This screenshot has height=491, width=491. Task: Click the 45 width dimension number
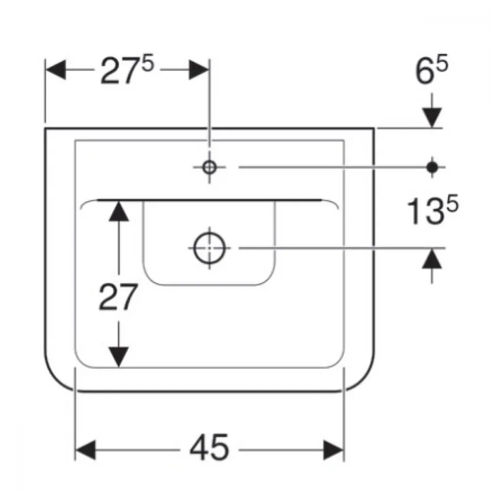point(209,447)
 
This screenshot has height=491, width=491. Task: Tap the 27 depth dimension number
point(118,297)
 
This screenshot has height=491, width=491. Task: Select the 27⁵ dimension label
point(127,71)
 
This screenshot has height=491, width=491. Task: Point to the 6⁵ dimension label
point(432,70)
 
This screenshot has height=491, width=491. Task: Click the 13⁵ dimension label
point(433,209)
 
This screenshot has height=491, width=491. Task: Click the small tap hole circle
point(209,167)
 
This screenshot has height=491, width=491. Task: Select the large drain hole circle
point(210,248)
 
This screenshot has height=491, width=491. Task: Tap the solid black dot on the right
point(432,167)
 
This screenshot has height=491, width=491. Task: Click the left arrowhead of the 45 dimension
point(86,450)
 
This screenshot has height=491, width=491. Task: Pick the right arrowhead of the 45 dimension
point(333,450)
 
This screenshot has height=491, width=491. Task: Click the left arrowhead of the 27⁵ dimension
point(56,70)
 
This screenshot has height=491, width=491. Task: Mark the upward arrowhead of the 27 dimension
point(118,211)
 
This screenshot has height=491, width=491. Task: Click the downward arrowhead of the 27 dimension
point(118,357)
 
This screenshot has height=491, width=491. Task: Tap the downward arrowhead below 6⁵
point(432,118)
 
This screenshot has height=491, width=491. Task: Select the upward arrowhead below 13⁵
point(432,259)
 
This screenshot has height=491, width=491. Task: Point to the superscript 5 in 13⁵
point(453,203)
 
